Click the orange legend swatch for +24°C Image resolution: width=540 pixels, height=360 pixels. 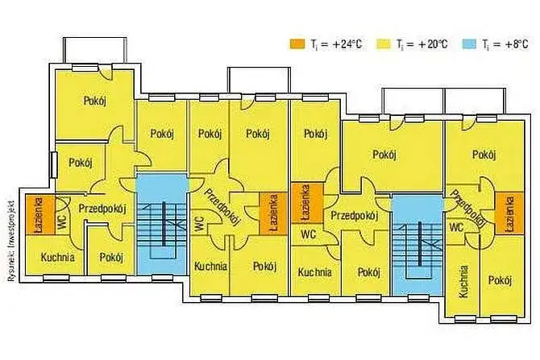(x=297, y=43)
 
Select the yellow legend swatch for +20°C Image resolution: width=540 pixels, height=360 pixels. (x=384, y=43)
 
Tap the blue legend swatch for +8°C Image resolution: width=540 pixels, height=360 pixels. (x=469, y=43)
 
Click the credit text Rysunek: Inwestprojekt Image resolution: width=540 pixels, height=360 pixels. (x=10, y=240)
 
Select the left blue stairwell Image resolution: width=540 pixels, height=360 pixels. (x=162, y=224)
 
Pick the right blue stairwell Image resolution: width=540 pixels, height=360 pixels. (x=417, y=245)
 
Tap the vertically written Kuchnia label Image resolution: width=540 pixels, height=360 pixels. (x=463, y=281)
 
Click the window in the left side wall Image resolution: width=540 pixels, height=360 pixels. (x=53, y=165)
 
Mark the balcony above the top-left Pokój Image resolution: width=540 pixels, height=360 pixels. (x=95, y=50)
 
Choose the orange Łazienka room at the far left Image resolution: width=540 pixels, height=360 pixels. (x=40, y=215)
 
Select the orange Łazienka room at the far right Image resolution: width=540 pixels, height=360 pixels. (x=509, y=213)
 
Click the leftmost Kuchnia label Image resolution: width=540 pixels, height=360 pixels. (x=57, y=257)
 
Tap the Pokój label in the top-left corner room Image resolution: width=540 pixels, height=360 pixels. (x=95, y=101)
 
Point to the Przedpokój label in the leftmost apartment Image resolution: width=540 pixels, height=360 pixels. (x=102, y=209)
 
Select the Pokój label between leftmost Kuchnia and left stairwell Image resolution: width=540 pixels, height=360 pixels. (x=111, y=258)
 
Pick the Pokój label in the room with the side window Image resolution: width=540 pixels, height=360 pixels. (x=81, y=163)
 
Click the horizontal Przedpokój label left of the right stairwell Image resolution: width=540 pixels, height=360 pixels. (x=355, y=216)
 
